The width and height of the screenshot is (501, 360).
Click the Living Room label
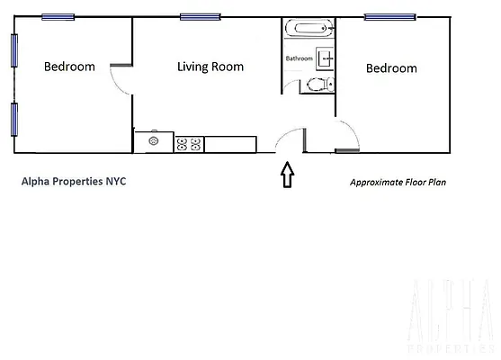210,67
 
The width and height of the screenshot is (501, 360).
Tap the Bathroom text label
300,58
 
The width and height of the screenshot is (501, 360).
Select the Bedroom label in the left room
71,67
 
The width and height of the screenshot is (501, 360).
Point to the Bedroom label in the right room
391,67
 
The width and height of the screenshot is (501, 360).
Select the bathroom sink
326,59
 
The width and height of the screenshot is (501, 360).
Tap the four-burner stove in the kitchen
189,142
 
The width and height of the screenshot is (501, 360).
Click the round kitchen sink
154,141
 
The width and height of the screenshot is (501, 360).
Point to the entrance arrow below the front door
287,175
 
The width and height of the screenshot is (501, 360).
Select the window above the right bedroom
384,16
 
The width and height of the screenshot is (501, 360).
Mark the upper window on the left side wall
13,49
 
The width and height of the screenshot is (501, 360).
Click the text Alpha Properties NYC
74,180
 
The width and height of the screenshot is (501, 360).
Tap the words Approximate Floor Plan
398,181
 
